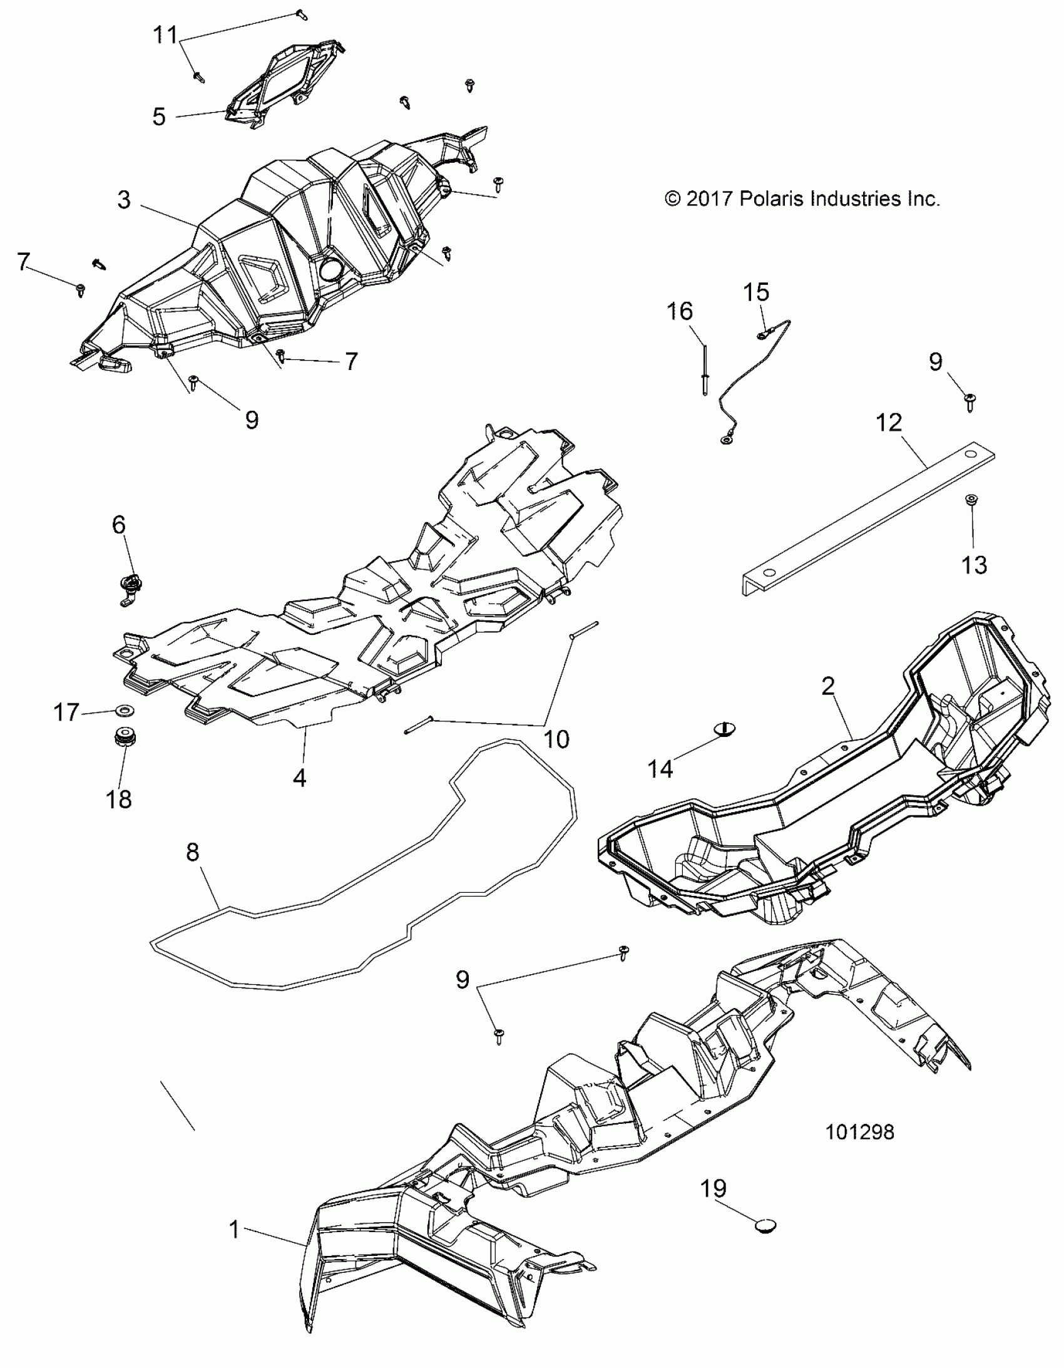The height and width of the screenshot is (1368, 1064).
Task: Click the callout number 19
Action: [714, 1188]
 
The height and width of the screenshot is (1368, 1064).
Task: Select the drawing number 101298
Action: [860, 1132]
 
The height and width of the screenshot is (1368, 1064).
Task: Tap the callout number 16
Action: [680, 311]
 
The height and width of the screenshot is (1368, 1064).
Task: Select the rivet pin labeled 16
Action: [705, 369]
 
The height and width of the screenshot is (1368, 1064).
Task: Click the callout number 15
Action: [756, 292]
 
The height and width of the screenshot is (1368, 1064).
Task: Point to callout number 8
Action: [192, 852]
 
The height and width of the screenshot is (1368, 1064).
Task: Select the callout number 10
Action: [556, 739]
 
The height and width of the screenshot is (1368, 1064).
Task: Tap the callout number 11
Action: [165, 34]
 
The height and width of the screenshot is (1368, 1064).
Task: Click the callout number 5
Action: [159, 116]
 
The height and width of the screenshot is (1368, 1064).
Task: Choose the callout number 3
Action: [124, 200]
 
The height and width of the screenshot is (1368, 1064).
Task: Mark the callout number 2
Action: [828, 687]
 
